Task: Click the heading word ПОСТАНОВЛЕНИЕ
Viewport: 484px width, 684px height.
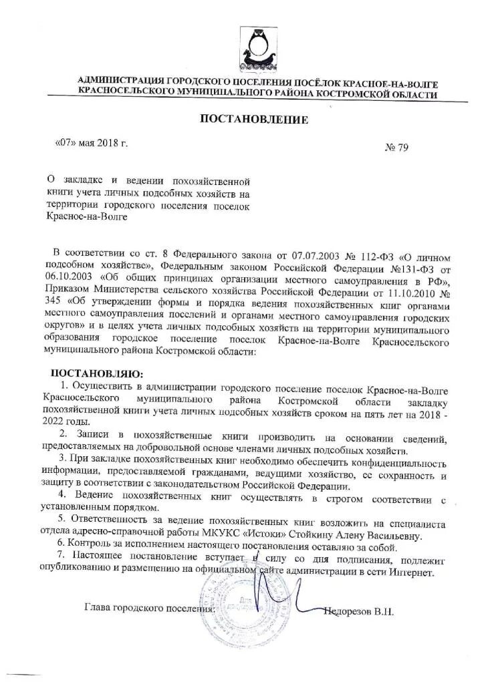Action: tap(254, 120)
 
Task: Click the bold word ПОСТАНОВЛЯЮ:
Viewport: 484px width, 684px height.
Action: tap(98, 373)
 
